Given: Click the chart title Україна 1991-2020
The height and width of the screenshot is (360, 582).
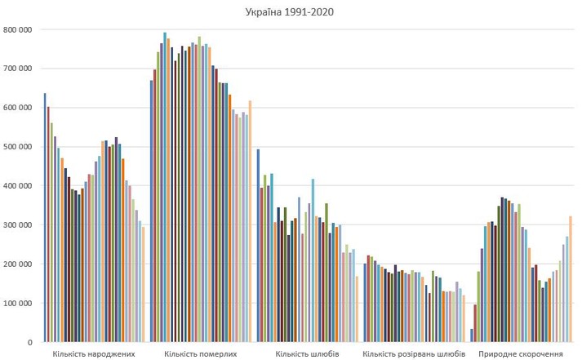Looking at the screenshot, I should [x=290, y=12].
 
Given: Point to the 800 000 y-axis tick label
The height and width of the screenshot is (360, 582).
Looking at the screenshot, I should [x=17, y=29].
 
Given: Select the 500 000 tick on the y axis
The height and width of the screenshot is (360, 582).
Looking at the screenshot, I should [x=17, y=147].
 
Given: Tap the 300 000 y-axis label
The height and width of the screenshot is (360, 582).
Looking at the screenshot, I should [x=17, y=225].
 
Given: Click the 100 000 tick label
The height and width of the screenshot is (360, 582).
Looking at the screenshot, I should [x=17, y=304].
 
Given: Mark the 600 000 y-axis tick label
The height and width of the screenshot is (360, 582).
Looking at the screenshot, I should [x=17, y=108].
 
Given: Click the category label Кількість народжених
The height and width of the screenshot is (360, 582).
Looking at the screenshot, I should [x=94, y=354].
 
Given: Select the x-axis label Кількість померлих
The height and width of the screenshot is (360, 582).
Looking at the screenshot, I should [x=201, y=354].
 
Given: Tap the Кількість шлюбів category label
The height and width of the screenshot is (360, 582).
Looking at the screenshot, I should [x=308, y=354].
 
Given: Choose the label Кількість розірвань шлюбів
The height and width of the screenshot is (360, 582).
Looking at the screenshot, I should [x=414, y=354].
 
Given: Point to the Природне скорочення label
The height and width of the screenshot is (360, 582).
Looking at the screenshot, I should [x=521, y=354].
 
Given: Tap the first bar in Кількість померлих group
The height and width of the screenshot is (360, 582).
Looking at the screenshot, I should [x=152, y=211].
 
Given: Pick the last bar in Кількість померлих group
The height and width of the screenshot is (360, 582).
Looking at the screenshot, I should [x=251, y=221].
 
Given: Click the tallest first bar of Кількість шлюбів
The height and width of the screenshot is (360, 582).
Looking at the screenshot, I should [x=259, y=246].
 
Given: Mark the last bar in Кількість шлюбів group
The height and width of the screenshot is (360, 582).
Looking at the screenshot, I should [x=358, y=309].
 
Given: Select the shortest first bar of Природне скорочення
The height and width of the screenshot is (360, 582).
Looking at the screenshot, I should [x=472, y=336].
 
